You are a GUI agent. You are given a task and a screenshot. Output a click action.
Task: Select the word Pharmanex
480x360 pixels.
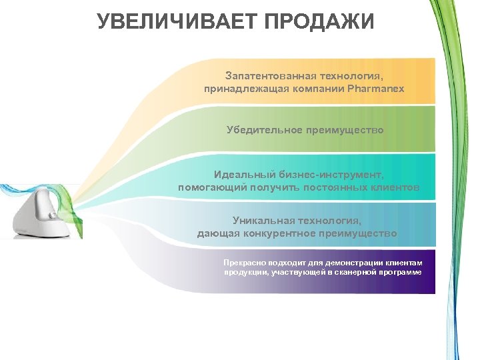pos(376,88)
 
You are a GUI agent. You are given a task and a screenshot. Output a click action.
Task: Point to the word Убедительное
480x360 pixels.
pos(265,130)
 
